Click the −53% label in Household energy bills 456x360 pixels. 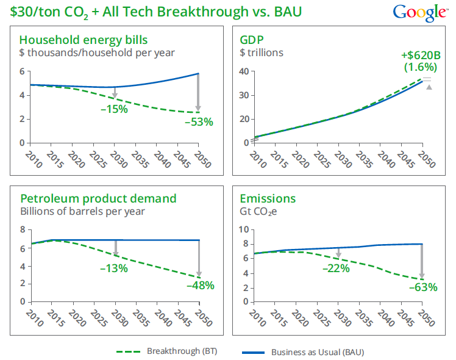[x=199, y=121]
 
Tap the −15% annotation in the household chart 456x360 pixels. [x=114, y=109]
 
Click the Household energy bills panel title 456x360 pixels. [x=84, y=41]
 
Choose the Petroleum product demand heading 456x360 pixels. [x=99, y=198]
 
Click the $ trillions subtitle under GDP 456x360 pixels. [x=262, y=53]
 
